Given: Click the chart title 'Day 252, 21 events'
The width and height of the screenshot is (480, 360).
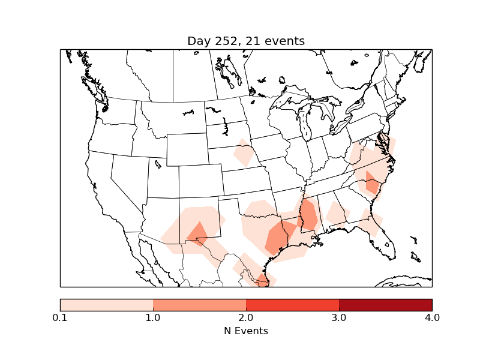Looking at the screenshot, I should click(x=246, y=41).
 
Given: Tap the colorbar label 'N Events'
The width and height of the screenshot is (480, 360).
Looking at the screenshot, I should click(x=246, y=331).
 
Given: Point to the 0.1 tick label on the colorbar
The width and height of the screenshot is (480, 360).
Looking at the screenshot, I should click(x=60, y=317).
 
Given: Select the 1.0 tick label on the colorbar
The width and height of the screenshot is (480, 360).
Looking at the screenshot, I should click(x=153, y=317).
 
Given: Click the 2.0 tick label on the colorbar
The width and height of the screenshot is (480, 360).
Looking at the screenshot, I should click(x=246, y=317).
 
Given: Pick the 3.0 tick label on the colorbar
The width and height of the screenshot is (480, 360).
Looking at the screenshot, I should click(x=339, y=317).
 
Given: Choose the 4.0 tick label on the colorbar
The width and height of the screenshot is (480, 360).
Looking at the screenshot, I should click(x=432, y=317).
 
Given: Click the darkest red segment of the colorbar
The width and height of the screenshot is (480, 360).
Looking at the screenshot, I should click(x=385, y=304).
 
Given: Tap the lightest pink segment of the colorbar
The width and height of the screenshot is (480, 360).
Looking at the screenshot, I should click(x=107, y=304).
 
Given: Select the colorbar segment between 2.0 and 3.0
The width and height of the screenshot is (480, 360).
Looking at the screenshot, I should click(x=292, y=304).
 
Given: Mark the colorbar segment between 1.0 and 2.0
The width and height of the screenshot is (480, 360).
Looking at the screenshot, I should click(x=199, y=304).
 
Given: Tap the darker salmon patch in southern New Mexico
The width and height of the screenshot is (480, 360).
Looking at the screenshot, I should click(x=197, y=233).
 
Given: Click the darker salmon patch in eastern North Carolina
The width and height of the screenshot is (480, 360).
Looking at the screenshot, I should click(x=373, y=182).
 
